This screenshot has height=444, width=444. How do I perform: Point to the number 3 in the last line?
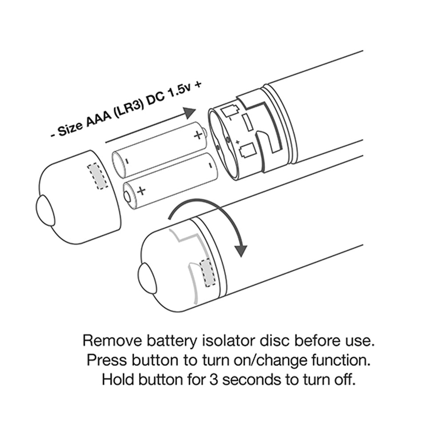[214, 380]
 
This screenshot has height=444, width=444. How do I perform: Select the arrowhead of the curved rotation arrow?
[241, 250]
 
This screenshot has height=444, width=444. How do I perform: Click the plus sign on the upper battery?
[198, 135]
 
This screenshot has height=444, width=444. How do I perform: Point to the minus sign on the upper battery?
[127, 162]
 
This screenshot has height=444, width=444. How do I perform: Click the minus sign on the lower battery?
[210, 164]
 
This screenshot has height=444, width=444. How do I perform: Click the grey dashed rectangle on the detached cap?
[98, 175]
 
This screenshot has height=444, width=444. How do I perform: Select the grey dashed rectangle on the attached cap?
[208, 273]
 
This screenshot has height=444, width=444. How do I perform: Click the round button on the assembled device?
[147, 278]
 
